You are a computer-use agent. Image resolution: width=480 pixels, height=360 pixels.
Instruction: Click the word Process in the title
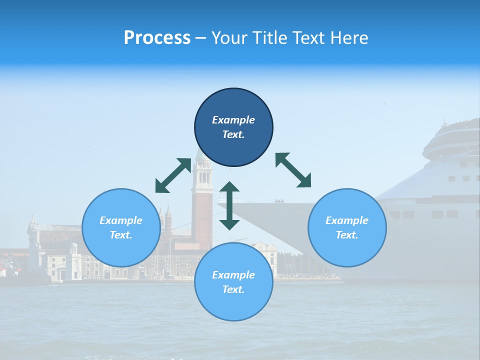(157, 38)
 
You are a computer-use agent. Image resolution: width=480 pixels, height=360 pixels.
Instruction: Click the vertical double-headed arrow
(229, 205)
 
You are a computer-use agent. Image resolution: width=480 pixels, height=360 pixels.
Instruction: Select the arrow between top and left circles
(173, 175)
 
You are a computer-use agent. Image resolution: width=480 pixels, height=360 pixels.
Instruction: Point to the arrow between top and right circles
(293, 170)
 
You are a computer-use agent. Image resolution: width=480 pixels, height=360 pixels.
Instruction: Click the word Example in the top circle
(233, 120)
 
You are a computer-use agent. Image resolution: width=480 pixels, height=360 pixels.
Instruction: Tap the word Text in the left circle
(121, 235)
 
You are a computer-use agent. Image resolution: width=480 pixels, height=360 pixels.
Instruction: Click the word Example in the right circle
(347, 220)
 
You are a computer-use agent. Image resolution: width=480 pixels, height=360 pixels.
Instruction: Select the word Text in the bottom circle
(233, 289)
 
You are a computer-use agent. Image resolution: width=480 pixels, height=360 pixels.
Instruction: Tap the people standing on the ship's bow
(278, 201)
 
